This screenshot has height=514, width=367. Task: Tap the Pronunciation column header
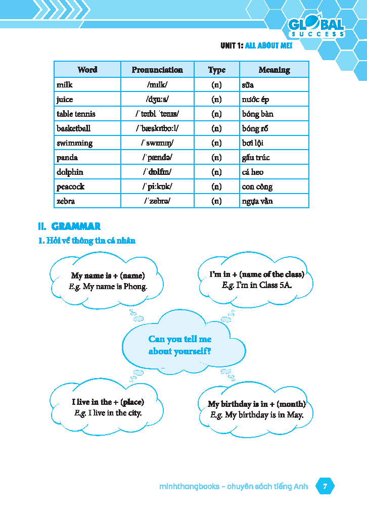coord(157,70)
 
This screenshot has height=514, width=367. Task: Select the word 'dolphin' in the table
coord(70,172)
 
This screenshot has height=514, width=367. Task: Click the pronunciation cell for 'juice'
coord(157,99)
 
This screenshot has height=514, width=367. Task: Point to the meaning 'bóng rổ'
coord(258,128)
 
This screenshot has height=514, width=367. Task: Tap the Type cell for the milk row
coord(216,84)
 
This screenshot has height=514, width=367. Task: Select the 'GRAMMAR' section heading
coord(76,226)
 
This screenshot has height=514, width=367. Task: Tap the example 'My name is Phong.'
coord(108,287)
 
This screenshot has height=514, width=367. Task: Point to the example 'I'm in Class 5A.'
coord(257,285)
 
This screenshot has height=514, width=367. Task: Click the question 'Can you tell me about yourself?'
coord(180,345)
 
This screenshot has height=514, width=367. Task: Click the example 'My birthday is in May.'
coord(257,415)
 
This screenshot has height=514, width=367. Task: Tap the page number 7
coord(325,487)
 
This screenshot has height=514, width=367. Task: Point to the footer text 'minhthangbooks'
coord(189,487)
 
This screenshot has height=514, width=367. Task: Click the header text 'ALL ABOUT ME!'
coord(268,45)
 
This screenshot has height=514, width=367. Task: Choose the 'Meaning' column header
coord(274,70)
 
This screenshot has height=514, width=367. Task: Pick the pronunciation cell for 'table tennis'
coord(157,114)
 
